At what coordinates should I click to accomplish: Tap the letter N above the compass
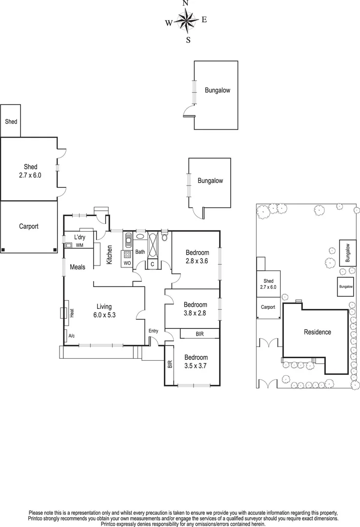click(x=185, y=3)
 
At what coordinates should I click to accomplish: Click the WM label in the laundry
click(x=79, y=245)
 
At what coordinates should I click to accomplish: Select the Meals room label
click(x=78, y=267)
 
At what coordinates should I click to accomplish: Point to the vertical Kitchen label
click(x=109, y=254)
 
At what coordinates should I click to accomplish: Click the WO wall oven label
click(x=127, y=263)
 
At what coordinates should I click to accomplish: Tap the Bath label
click(x=140, y=252)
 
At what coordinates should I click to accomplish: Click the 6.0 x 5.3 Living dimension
click(x=104, y=315)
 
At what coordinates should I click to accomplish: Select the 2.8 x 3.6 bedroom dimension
click(x=197, y=261)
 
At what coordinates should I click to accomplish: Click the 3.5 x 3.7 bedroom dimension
click(x=196, y=365)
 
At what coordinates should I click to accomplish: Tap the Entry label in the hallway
click(x=154, y=331)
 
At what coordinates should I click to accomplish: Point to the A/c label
click(x=72, y=336)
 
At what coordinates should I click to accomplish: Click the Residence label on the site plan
click(x=317, y=332)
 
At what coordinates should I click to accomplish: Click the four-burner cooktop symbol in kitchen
click(x=127, y=254)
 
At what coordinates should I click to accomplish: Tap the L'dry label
click(x=80, y=237)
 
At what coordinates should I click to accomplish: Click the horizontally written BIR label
click(x=200, y=334)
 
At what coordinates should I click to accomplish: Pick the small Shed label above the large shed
click(x=11, y=121)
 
